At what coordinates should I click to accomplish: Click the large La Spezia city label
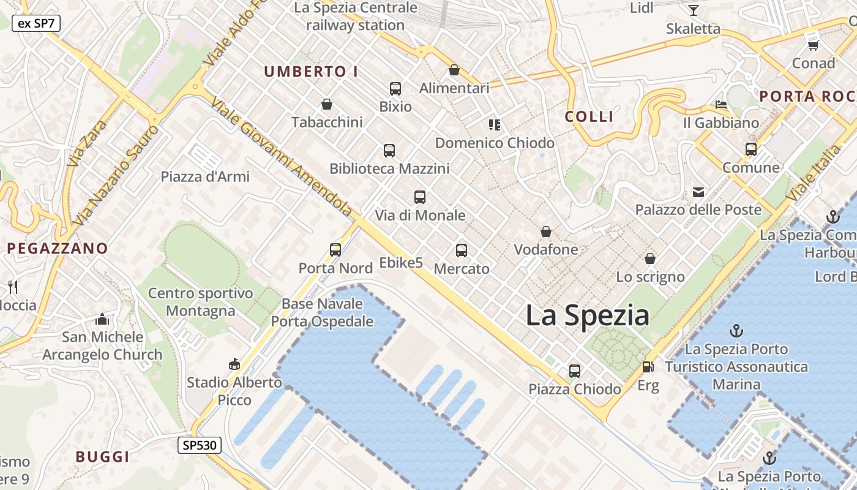(587, 315)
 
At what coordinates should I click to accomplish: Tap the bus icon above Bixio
(395, 89)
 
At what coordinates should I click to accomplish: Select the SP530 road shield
(200, 445)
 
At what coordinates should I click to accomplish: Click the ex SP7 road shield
(36, 23)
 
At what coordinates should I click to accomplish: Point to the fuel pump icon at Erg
(648, 367)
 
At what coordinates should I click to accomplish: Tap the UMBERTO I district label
(311, 72)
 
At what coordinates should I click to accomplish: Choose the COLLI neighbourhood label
(589, 116)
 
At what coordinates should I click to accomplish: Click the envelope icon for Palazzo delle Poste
(698, 192)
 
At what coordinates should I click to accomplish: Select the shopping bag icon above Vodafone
(545, 232)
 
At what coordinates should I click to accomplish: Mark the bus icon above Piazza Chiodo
(574, 371)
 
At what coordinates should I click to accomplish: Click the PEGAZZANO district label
(58, 249)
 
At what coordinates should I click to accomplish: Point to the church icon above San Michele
(102, 319)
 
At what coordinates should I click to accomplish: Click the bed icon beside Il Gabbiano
(721, 105)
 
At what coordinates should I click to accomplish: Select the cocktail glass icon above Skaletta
(693, 10)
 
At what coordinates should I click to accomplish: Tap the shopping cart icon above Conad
(813, 45)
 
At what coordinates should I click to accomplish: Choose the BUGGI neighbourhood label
(102, 457)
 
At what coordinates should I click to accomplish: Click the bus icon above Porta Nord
(335, 250)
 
